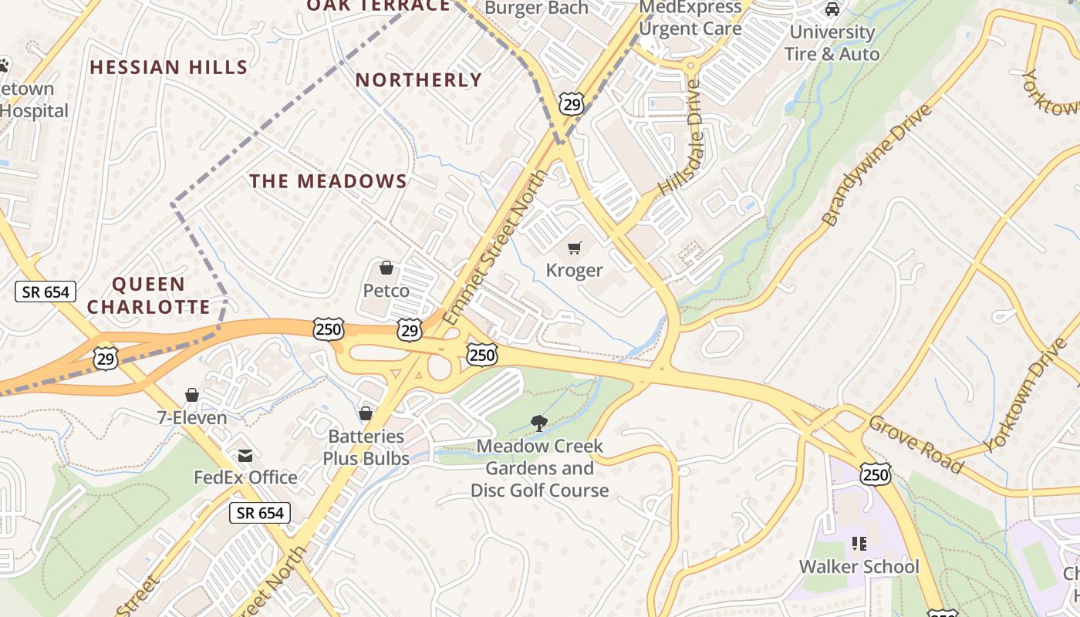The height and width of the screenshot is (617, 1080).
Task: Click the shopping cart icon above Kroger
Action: (x=575, y=248)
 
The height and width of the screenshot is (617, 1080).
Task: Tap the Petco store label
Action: (x=386, y=291)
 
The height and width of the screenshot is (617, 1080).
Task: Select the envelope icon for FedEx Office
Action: (x=245, y=456)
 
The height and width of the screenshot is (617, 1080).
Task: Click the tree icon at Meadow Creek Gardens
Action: (x=539, y=423)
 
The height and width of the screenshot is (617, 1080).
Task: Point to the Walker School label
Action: (x=859, y=567)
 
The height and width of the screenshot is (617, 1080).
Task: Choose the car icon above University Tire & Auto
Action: (x=832, y=9)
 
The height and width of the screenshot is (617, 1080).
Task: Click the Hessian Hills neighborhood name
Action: (x=169, y=67)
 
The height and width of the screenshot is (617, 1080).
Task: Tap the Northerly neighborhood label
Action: (x=419, y=80)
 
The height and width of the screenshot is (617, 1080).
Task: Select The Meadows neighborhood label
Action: (x=328, y=181)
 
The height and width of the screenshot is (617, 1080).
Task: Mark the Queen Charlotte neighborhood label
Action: (x=149, y=295)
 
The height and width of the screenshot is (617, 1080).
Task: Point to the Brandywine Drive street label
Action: (x=876, y=165)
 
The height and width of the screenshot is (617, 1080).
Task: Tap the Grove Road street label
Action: (x=916, y=444)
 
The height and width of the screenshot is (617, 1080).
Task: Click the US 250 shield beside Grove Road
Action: (x=876, y=474)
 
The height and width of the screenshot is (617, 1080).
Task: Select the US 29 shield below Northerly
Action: (x=572, y=105)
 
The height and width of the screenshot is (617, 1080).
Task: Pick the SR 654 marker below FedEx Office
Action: (x=260, y=513)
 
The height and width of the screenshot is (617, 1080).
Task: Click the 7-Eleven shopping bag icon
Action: (x=192, y=396)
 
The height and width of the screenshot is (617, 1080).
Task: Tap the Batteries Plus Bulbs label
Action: (x=366, y=447)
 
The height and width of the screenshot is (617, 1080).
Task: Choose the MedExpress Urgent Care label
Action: (x=690, y=18)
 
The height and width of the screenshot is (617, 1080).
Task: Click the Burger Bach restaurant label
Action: (x=537, y=8)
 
